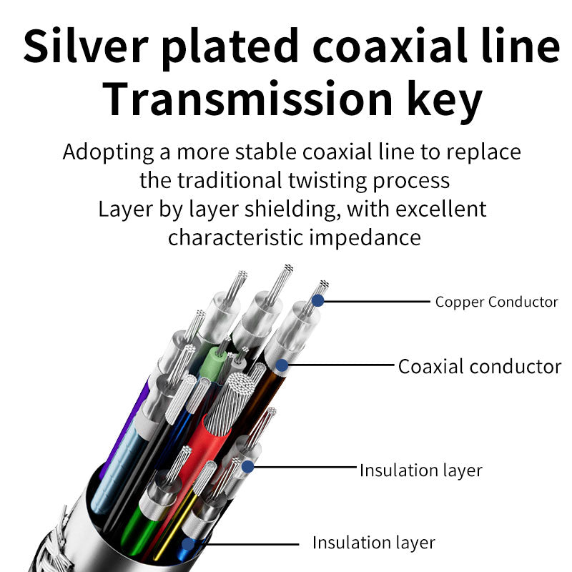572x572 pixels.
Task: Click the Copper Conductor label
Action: (496, 302)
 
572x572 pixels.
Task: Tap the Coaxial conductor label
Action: (479, 367)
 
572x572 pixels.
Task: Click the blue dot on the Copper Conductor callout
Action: (318, 302)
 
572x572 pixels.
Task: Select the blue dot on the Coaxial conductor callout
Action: (282, 366)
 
